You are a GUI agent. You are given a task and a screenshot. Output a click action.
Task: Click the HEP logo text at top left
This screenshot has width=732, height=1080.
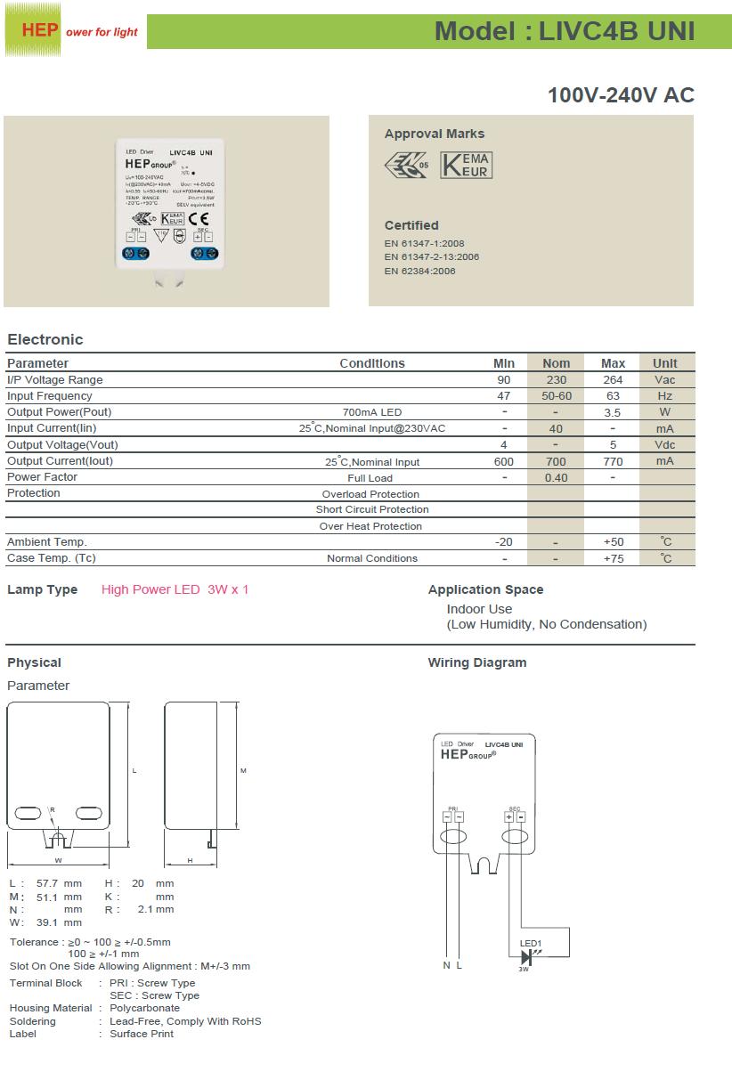coord(40,30)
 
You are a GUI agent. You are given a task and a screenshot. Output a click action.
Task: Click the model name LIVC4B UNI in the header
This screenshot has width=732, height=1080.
coord(616,31)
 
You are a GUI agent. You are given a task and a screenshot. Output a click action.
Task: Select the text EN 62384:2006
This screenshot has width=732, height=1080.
coord(419,271)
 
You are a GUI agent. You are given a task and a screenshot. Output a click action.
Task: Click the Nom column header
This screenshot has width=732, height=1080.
coord(556,363)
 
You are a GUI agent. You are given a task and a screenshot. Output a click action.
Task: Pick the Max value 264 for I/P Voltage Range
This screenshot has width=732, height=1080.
coord(613,380)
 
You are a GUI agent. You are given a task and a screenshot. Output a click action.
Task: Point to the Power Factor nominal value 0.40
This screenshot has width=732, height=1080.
coord(556,477)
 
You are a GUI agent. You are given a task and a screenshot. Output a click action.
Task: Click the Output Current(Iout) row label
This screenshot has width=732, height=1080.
coord(61,461)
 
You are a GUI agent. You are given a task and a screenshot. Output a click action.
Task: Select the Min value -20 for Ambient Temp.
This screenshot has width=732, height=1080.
coord(504,542)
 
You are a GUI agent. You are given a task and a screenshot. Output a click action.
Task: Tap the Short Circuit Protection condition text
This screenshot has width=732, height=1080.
coord(372,510)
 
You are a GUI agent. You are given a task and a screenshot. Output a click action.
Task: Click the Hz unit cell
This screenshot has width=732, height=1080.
coord(664,396)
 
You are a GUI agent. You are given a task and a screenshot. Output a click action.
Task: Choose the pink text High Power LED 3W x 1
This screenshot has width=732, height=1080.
coord(175,589)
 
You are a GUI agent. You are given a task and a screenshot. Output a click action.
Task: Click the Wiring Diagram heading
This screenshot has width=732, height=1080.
coord(477,662)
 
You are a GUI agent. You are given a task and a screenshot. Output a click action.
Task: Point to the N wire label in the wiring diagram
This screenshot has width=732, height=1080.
coord(447,965)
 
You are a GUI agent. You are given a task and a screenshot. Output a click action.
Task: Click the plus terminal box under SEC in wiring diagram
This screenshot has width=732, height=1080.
coord(508,816)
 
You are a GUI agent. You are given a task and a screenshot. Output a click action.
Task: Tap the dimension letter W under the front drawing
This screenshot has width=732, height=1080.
coord(58,860)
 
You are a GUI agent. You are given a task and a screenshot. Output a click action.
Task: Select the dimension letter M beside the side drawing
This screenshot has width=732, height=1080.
coord(243,770)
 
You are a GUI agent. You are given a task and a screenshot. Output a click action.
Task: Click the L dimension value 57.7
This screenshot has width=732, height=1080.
coord(47,883)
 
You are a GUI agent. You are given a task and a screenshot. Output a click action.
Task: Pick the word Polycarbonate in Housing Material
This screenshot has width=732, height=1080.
coord(144,1008)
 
